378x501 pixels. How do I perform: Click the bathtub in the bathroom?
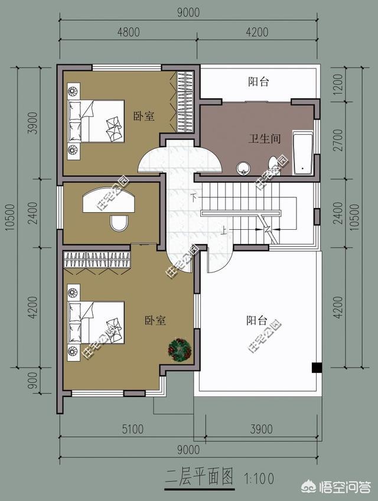[303, 154]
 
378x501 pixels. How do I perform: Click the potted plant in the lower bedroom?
[179, 349]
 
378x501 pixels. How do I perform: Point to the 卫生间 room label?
[263, 139]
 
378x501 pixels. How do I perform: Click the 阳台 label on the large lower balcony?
[256, 321]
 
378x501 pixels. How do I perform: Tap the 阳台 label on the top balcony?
[259, 82]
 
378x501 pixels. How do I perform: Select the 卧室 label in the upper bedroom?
[144, 117]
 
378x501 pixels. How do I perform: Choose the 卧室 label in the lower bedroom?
[155, 320]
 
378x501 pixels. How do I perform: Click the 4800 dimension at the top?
[129, 32]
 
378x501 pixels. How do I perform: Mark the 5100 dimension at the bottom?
[128, 429]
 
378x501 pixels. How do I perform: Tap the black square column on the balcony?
[317, 367]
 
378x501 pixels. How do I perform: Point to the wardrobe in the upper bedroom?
[184, 101]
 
